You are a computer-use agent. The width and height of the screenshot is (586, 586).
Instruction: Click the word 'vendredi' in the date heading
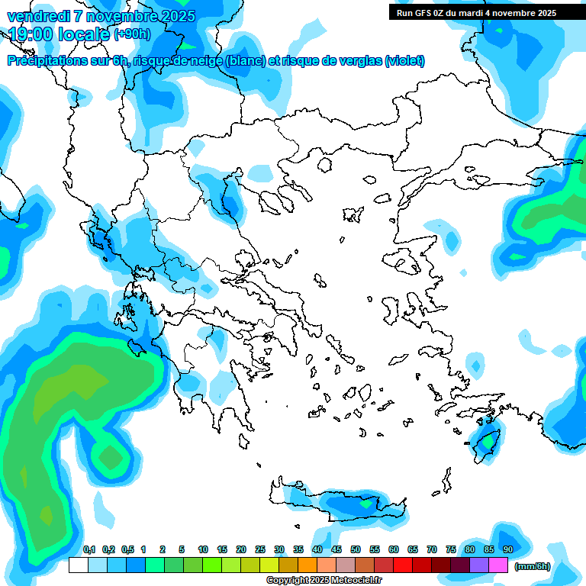[37, 16]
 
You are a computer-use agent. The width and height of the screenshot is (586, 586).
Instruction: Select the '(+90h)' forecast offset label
[131, 34]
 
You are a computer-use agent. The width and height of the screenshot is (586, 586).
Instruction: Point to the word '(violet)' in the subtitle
[404, 61]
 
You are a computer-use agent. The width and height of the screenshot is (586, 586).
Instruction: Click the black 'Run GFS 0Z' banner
[475, 12]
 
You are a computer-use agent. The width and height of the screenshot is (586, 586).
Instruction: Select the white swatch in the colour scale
[78, 565]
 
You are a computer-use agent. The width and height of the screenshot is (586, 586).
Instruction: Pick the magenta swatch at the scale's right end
[498, 565]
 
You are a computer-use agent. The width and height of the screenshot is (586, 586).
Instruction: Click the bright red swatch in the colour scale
[403, 565]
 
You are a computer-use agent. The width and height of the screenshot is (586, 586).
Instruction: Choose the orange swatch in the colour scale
[307, 565]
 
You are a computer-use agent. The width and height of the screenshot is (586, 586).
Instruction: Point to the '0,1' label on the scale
[89, 549]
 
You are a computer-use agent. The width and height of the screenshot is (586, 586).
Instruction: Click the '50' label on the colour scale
[356, 549]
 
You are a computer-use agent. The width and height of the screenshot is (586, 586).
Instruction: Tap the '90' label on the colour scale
[508, 549]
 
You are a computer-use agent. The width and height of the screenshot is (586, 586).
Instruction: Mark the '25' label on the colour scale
[260, 549]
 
